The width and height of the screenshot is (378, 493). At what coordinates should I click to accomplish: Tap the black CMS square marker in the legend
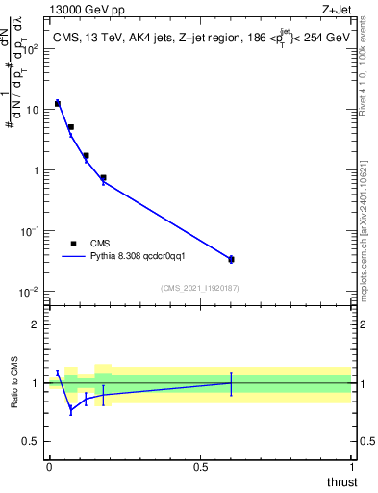click(73, 245)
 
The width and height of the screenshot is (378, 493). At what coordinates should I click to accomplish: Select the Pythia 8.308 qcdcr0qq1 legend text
click(144, 257)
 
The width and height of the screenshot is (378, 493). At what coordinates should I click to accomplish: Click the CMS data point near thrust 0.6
click(231, 259)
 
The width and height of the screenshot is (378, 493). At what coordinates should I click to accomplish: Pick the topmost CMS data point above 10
click(58, 103)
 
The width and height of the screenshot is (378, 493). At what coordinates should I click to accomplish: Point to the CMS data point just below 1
click(103, 177)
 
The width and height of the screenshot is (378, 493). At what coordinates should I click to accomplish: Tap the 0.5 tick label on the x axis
click(200, 467)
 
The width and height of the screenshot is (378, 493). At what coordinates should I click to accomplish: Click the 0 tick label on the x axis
click(49, 467)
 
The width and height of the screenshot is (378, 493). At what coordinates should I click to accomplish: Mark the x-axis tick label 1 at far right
click(352, 467)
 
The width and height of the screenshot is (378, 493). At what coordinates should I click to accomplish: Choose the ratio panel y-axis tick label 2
click(35, 324)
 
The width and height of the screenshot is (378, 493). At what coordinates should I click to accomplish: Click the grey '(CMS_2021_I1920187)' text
click(199, 287)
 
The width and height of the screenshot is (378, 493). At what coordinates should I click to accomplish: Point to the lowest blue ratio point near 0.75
click(71, 410)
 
